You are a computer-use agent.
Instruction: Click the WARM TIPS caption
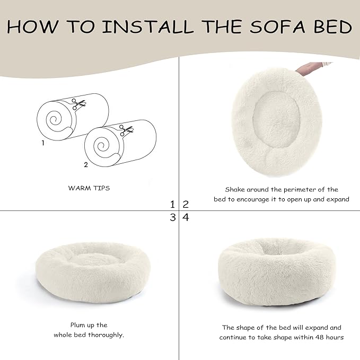(x=89, y=189)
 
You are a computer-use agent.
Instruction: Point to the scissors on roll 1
(x=79, y=104)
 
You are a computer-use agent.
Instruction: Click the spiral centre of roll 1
(x=54, y=119)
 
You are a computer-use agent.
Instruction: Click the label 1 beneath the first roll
(x=43, y=143)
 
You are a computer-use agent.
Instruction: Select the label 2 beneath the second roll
(x=86, y=165)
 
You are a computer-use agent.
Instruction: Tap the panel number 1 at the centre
(x=172, y=204)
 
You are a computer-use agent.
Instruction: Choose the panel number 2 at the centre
(x=186, y=204)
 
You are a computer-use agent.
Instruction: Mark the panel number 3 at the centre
(x=172, y=217)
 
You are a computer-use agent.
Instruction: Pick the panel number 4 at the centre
(x=186, y=217)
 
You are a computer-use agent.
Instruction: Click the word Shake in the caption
(x=235, y=189)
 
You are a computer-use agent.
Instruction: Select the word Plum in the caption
(x=79, y=325)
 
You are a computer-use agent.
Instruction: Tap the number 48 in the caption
(x=326, y=338)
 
